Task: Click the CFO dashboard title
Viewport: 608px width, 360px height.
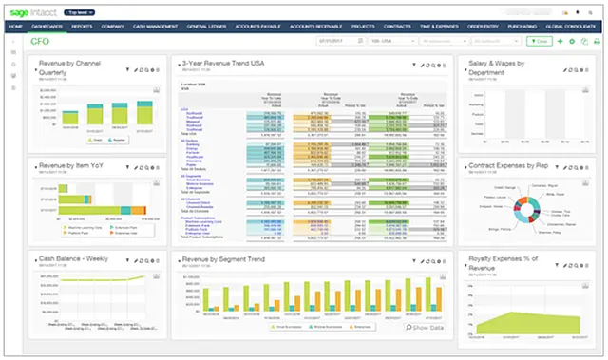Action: pyautogui.click(x=42, y=42)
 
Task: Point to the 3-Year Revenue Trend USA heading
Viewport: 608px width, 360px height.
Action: pyautogui.click(x=237, y=63)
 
